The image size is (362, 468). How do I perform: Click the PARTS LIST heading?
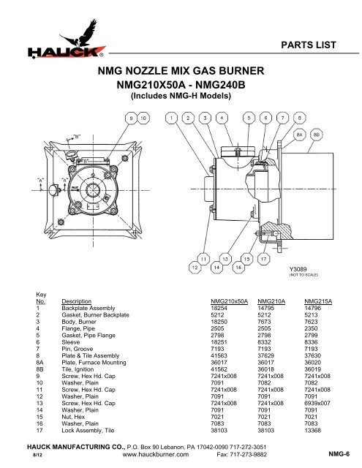[312, 45]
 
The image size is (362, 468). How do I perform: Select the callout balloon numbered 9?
[132, 117]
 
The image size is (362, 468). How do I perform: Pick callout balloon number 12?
[196, 268]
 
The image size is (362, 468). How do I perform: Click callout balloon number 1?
[172, 117]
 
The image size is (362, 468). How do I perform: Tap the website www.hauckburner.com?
[150, 453]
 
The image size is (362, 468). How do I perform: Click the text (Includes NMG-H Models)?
[181, 95]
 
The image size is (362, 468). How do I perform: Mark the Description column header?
[78, 301]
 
